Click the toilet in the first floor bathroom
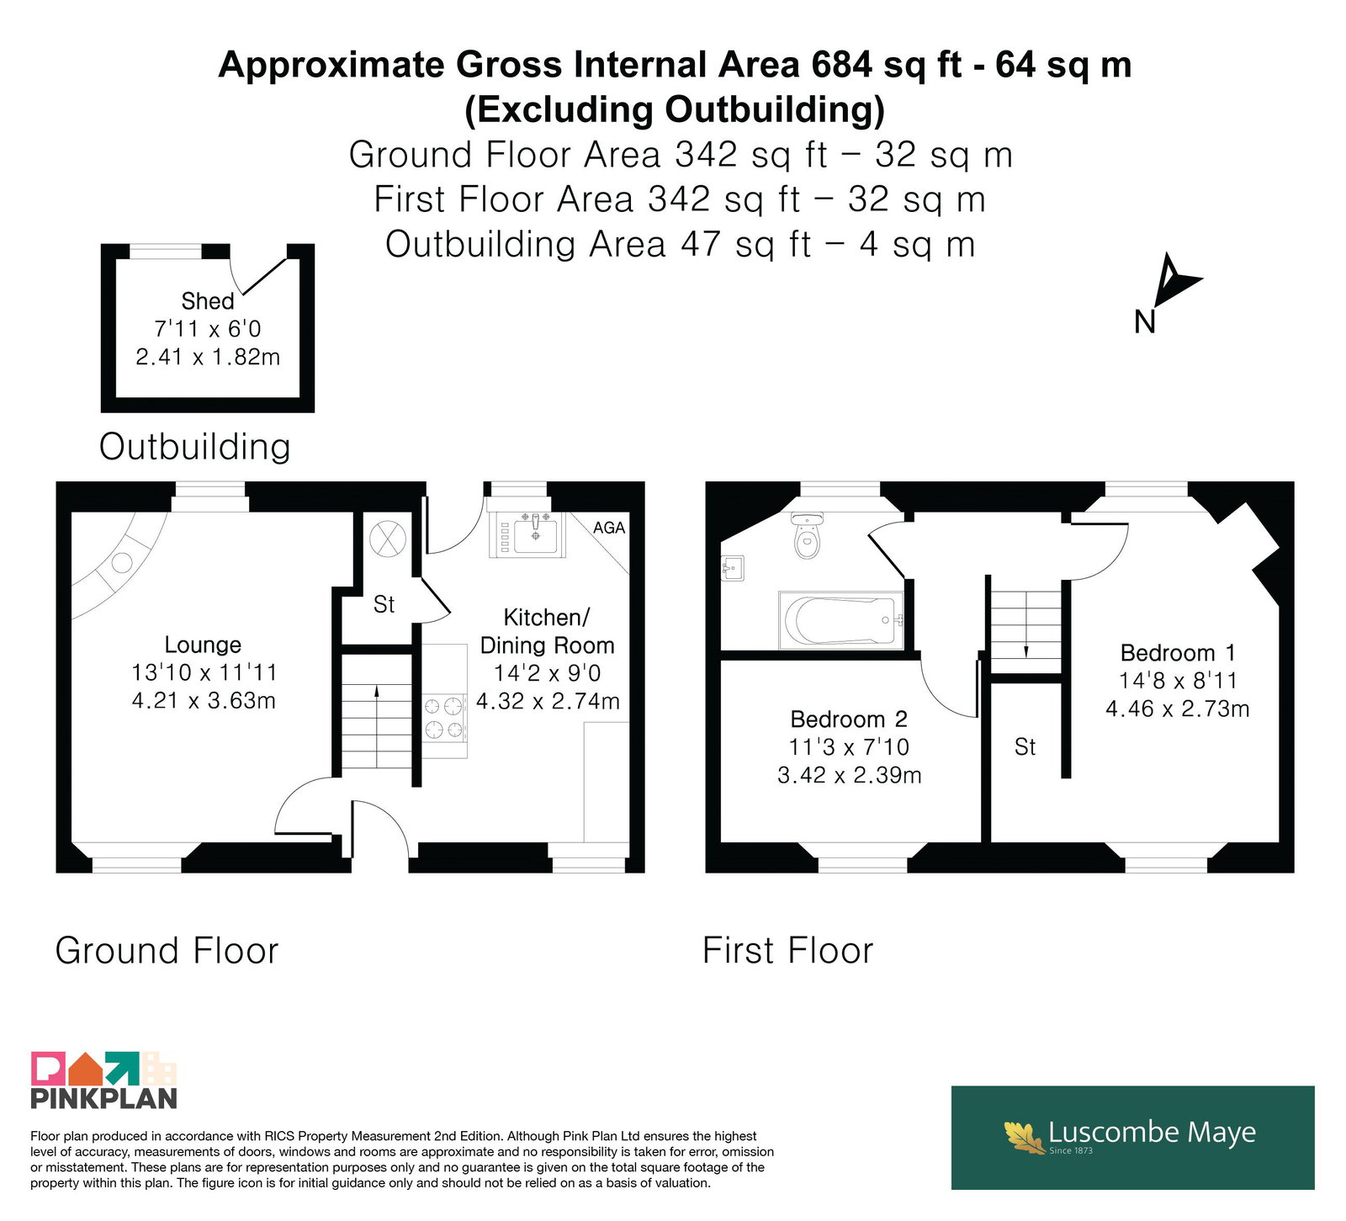tap(807, 535)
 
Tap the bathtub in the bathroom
tap(841, 620)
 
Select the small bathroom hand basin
tap(733, 568)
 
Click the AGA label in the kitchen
tap(609, 528)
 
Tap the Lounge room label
tap(203, 645)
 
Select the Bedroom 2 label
tap(849, 719)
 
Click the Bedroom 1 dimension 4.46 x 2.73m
tap(1177, 709)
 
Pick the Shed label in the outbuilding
tap(208, 301)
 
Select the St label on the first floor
tap(1025, 746)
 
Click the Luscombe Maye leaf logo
tap(1024, 1137)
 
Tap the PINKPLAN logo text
tap(104, 1098)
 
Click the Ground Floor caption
tap(167, 951)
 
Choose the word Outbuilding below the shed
tap(194, 446)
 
